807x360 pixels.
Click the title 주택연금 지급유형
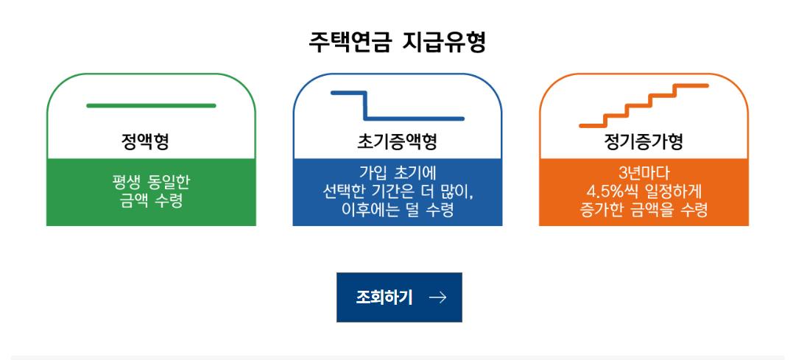(398, 42)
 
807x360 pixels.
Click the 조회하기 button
(399, 297)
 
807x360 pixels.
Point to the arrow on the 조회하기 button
(437, 297)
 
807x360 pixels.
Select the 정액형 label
(150, 141)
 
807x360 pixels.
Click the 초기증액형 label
(398, 141)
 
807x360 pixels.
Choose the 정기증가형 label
(644, 141)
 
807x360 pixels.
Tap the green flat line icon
(151, 106)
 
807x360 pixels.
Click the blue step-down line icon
(398, 106)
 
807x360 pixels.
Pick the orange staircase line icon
(644, 105)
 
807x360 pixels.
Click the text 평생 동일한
(151, 180)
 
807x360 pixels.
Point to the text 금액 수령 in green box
(151, 200)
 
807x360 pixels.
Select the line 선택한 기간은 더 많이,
(398, 191)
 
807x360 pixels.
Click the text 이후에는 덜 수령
(398, 211)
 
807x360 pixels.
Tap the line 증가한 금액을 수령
(644, 211)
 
